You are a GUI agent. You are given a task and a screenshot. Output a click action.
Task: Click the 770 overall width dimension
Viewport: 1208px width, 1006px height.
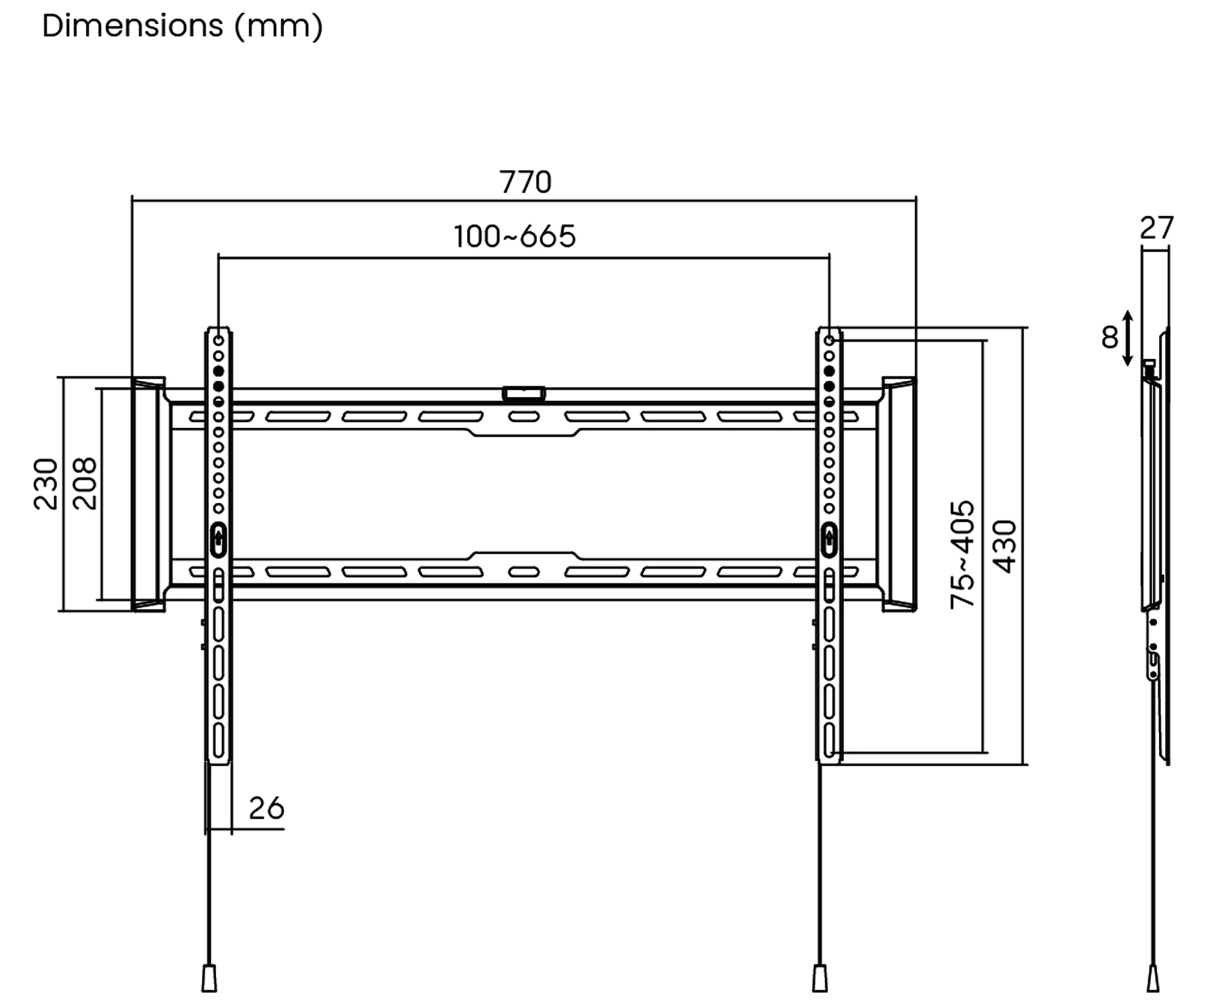coord(525,182)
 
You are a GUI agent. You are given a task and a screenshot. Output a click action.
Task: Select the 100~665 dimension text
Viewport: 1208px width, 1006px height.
coord(514,237)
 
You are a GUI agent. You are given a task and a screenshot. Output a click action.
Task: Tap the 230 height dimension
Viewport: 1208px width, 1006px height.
coord(46,484)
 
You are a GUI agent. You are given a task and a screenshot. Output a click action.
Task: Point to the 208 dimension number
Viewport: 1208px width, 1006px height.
coord(85,484)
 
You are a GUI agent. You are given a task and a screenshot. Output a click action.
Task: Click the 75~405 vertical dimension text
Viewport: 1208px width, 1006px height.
coord(962,554)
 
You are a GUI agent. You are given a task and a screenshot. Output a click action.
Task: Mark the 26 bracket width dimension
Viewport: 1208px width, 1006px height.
coord(266,808)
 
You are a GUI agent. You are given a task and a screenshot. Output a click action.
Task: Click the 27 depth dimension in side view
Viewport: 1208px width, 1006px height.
coord(1156,228)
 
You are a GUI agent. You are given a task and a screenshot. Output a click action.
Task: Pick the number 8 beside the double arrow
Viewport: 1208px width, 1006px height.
coord(1109,337)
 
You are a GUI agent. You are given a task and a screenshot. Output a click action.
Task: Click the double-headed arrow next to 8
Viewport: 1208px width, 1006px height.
coord(1128,338)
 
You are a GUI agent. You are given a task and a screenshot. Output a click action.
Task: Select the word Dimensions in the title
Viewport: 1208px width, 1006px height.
coord(132,26)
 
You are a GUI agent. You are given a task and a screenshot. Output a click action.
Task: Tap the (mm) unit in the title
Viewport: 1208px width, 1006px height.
coord(279,27)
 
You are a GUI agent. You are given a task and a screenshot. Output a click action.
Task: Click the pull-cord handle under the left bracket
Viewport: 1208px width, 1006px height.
coord(209,978)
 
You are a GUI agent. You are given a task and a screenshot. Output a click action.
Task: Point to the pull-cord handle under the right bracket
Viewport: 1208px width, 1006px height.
coord(819,978)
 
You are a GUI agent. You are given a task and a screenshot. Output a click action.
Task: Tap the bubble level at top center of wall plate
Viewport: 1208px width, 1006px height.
coord(523,394)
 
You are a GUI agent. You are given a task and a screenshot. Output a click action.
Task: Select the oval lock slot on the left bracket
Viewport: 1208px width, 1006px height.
coord(218,539)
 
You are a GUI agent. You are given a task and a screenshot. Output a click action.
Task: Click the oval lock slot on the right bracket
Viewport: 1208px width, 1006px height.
coord(829,539)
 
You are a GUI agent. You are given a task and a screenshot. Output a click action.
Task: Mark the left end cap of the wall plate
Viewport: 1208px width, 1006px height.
coord(148,494)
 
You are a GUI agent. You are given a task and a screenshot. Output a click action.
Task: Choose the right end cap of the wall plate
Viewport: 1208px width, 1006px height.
coord(899,494)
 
